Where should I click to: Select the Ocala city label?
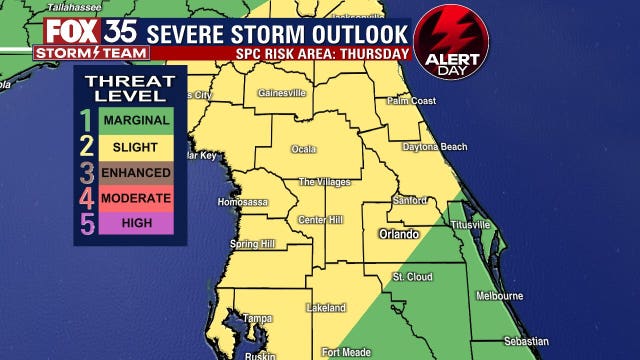click(304, 149)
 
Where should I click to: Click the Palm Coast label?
click(412, 101)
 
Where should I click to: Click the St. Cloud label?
click(411, 276)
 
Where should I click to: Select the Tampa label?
click(257, 318)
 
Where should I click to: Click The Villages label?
click(325, 182)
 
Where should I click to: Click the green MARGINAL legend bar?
click(134, 119)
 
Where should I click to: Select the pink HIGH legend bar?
click(134, 223)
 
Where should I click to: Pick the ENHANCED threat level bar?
click(134, 171)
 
